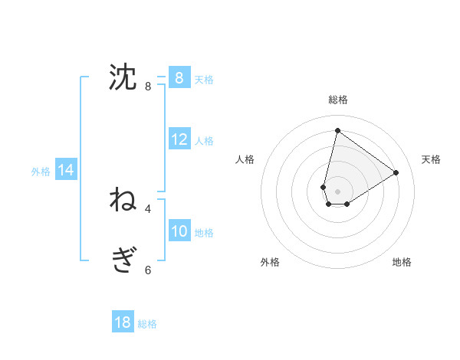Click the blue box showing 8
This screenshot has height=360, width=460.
pyautogui.click(x=179, y=77)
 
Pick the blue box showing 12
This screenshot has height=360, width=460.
pyautogui.click(x=179, y=139)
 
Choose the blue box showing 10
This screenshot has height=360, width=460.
pyautogui.click(x=179, y=231)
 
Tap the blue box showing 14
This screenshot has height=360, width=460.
pyautogui.click(x=66, y=171)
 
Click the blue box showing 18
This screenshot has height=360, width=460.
pyautogui.click(x=123, y=322)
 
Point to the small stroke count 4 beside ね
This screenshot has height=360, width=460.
pyautogui.click(x=148, y=208)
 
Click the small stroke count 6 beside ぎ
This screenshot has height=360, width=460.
pyautogui.click(x=148, y=270)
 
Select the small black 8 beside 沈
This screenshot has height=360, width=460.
pyautogui.click(x=148, y=87)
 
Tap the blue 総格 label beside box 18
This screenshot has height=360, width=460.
pyautogui.click(x=147, y=324)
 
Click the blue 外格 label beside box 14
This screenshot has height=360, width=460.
pyautogui.click(x=41, y=172)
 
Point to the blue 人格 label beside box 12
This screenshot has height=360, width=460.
pyautogui.click(x=204, y=141)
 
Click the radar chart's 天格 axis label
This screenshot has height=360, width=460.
pyautogui.click(x=431, y=159)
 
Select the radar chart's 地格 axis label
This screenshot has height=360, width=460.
pyautogui.click(x=402, y=262)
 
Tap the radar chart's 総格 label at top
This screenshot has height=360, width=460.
pyautogui.click(x=337, y=100)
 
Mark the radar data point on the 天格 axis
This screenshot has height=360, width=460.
pyautogui.click(x=396, y=172)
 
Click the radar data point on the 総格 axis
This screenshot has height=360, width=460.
pyautogui.click(x=337, y=130)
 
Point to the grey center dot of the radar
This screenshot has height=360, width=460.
pyautogui.click(x=337, y=191)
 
